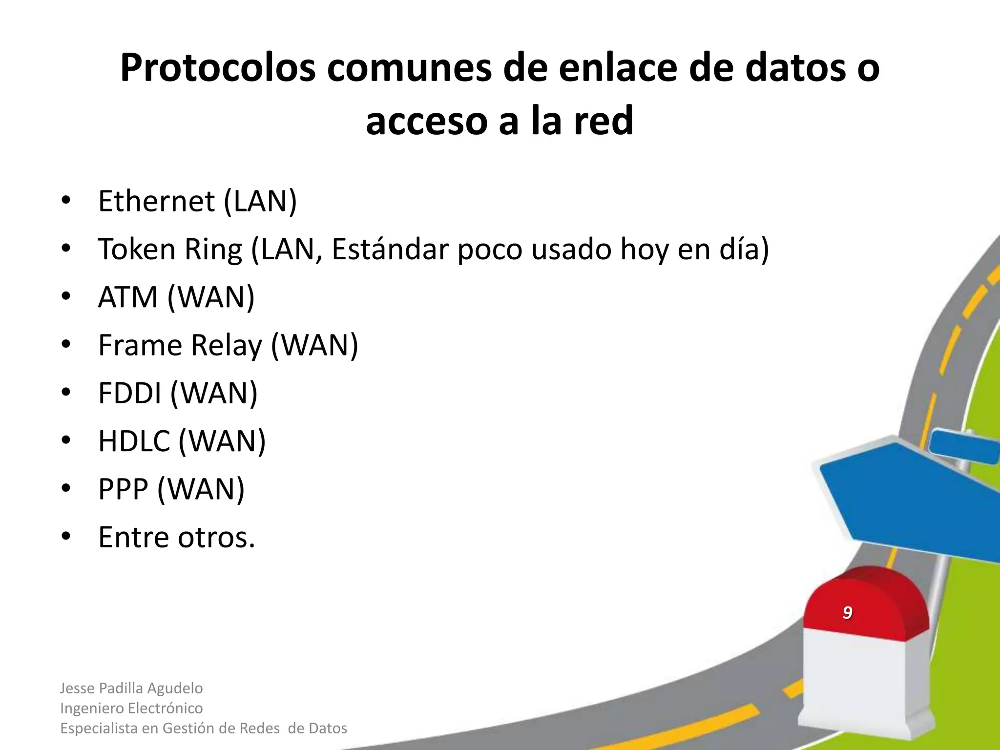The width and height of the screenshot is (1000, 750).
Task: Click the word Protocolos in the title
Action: point(218,68)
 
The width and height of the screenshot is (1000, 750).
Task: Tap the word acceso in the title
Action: point(427,121)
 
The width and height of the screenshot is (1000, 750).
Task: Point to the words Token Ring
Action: point(170,249)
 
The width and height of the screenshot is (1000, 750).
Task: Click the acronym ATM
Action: point(128,297)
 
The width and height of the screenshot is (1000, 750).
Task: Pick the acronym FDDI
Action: point(129,393)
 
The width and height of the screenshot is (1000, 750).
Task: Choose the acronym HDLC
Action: point(134,441)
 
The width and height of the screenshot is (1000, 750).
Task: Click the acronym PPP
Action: point(123,489)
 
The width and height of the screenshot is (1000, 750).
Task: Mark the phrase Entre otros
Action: point(176,537)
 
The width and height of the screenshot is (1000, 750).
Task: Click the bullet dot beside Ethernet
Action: point(66,200)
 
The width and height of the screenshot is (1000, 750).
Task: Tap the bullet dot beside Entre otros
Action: point(66,537)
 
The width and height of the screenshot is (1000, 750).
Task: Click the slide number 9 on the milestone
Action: point(848,612)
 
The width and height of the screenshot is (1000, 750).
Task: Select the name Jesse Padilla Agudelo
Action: point(131,688)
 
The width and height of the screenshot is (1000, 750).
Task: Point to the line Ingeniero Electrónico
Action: point(131,708)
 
